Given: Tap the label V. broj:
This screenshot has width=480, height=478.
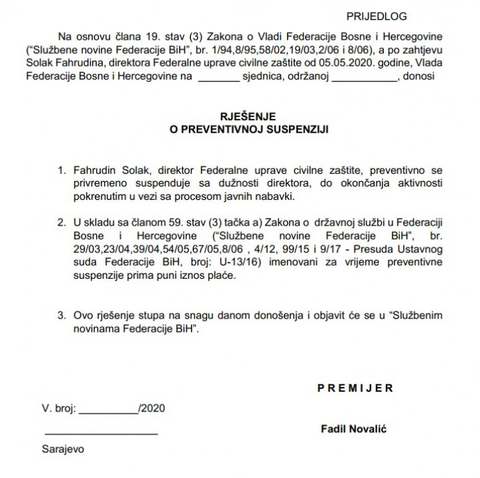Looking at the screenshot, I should pos(60,407).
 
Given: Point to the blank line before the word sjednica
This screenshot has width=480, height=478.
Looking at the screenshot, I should pos(218,78).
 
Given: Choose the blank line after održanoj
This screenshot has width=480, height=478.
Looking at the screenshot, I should pos(364,78).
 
